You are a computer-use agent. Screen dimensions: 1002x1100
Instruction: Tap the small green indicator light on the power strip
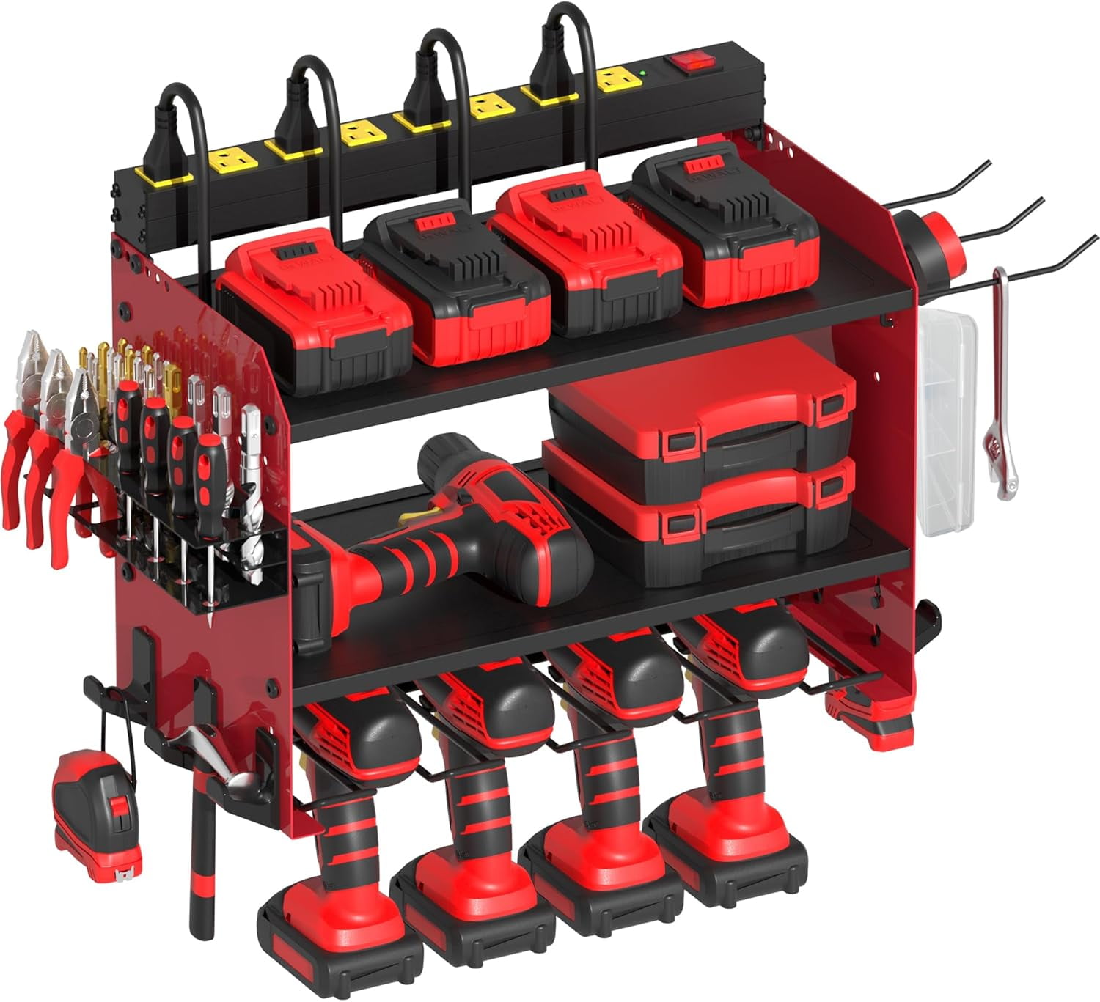pyautogui.click(x=642, y=73)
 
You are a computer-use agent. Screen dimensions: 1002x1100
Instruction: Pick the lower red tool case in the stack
pyautogui.click(x=700, y=517)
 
